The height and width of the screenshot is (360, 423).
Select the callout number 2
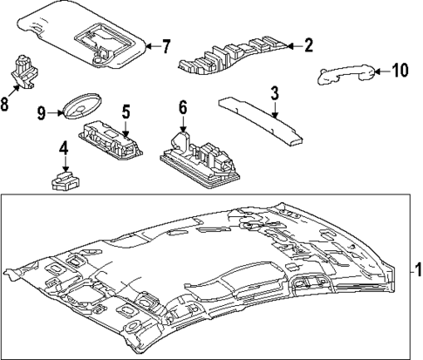pos(307,45)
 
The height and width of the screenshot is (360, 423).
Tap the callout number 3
pos(274,92)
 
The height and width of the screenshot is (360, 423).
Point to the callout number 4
pos(64,149)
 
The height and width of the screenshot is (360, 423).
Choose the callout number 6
pos(182,107)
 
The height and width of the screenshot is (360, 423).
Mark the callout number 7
pos(167,45)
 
